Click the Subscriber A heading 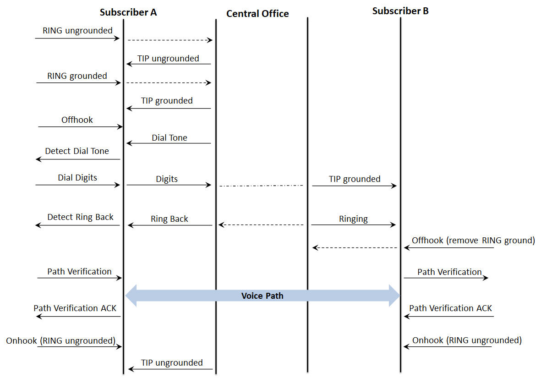128,12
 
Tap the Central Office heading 257,14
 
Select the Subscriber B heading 400,11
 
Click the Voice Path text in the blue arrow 262,296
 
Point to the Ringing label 353,219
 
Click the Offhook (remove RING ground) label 473,240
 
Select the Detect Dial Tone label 77,151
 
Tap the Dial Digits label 77,177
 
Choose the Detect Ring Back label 80,217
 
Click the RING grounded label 77,76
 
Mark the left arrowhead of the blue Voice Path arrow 132,296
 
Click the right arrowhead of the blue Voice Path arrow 394,296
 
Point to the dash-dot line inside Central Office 261,186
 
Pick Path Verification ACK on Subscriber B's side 450,308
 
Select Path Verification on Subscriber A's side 79,272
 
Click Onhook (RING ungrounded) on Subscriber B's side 467,340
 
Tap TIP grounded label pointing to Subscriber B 355,179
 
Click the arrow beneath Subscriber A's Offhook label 81,127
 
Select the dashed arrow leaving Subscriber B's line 355,248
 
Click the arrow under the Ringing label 353,225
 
